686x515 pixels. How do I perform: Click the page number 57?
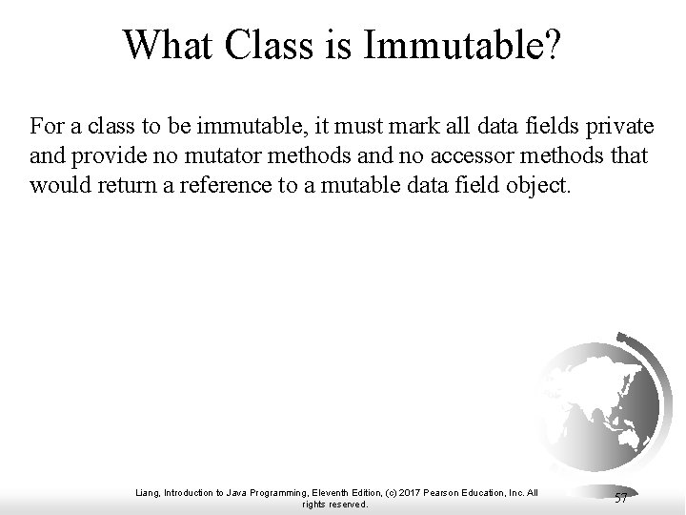click(620, 498)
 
